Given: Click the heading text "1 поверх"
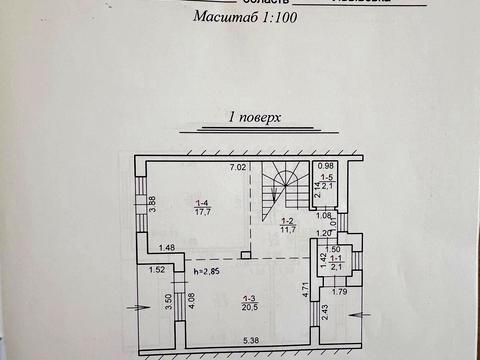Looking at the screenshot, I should (x=240, y=117).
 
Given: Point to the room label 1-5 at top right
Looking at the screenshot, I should (x=327, y=181).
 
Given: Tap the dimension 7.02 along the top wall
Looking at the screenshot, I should (x=238, y=167).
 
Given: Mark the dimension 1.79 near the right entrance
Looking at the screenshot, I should (x=339, y=292).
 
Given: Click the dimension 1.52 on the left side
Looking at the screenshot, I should (x=157, y=270).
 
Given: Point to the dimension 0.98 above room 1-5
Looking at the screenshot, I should (x=325, y=166).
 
